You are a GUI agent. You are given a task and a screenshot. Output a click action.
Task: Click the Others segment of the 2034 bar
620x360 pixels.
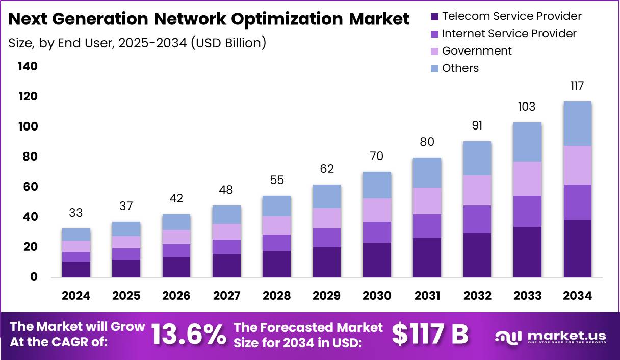pos(578,123)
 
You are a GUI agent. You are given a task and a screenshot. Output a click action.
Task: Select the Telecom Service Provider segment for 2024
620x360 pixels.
pos(76,269)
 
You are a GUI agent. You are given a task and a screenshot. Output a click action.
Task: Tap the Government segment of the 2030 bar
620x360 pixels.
pos(377,210)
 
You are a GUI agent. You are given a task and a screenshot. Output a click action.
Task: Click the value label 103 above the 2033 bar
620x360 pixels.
pos(527,107)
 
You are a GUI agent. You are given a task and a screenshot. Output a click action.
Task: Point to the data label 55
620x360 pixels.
pos(277,180)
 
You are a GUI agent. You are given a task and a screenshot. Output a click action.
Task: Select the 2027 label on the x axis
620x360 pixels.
pos(226,296)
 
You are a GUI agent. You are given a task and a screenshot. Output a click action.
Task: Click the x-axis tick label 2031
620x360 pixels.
pos(427,296)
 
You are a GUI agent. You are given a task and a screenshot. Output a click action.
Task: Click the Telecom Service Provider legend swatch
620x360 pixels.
pos(434,17)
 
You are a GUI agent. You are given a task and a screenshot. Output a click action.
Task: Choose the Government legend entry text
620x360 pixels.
pos(477,51)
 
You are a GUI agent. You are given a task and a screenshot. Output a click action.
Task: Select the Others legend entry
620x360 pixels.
pos(460,68)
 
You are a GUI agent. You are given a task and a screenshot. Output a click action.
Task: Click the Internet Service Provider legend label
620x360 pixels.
pos(509,34)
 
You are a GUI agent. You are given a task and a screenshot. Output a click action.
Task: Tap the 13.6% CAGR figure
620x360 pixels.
pos(189,335)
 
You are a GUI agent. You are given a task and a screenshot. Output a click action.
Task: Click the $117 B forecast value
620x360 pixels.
pos(429,335)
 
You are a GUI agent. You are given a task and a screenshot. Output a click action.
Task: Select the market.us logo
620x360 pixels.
pos(550,337)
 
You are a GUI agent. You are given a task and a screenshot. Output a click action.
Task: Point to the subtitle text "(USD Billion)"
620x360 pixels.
pos(228,43)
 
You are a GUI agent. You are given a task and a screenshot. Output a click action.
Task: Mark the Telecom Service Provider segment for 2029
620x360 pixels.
pos(327,262)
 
